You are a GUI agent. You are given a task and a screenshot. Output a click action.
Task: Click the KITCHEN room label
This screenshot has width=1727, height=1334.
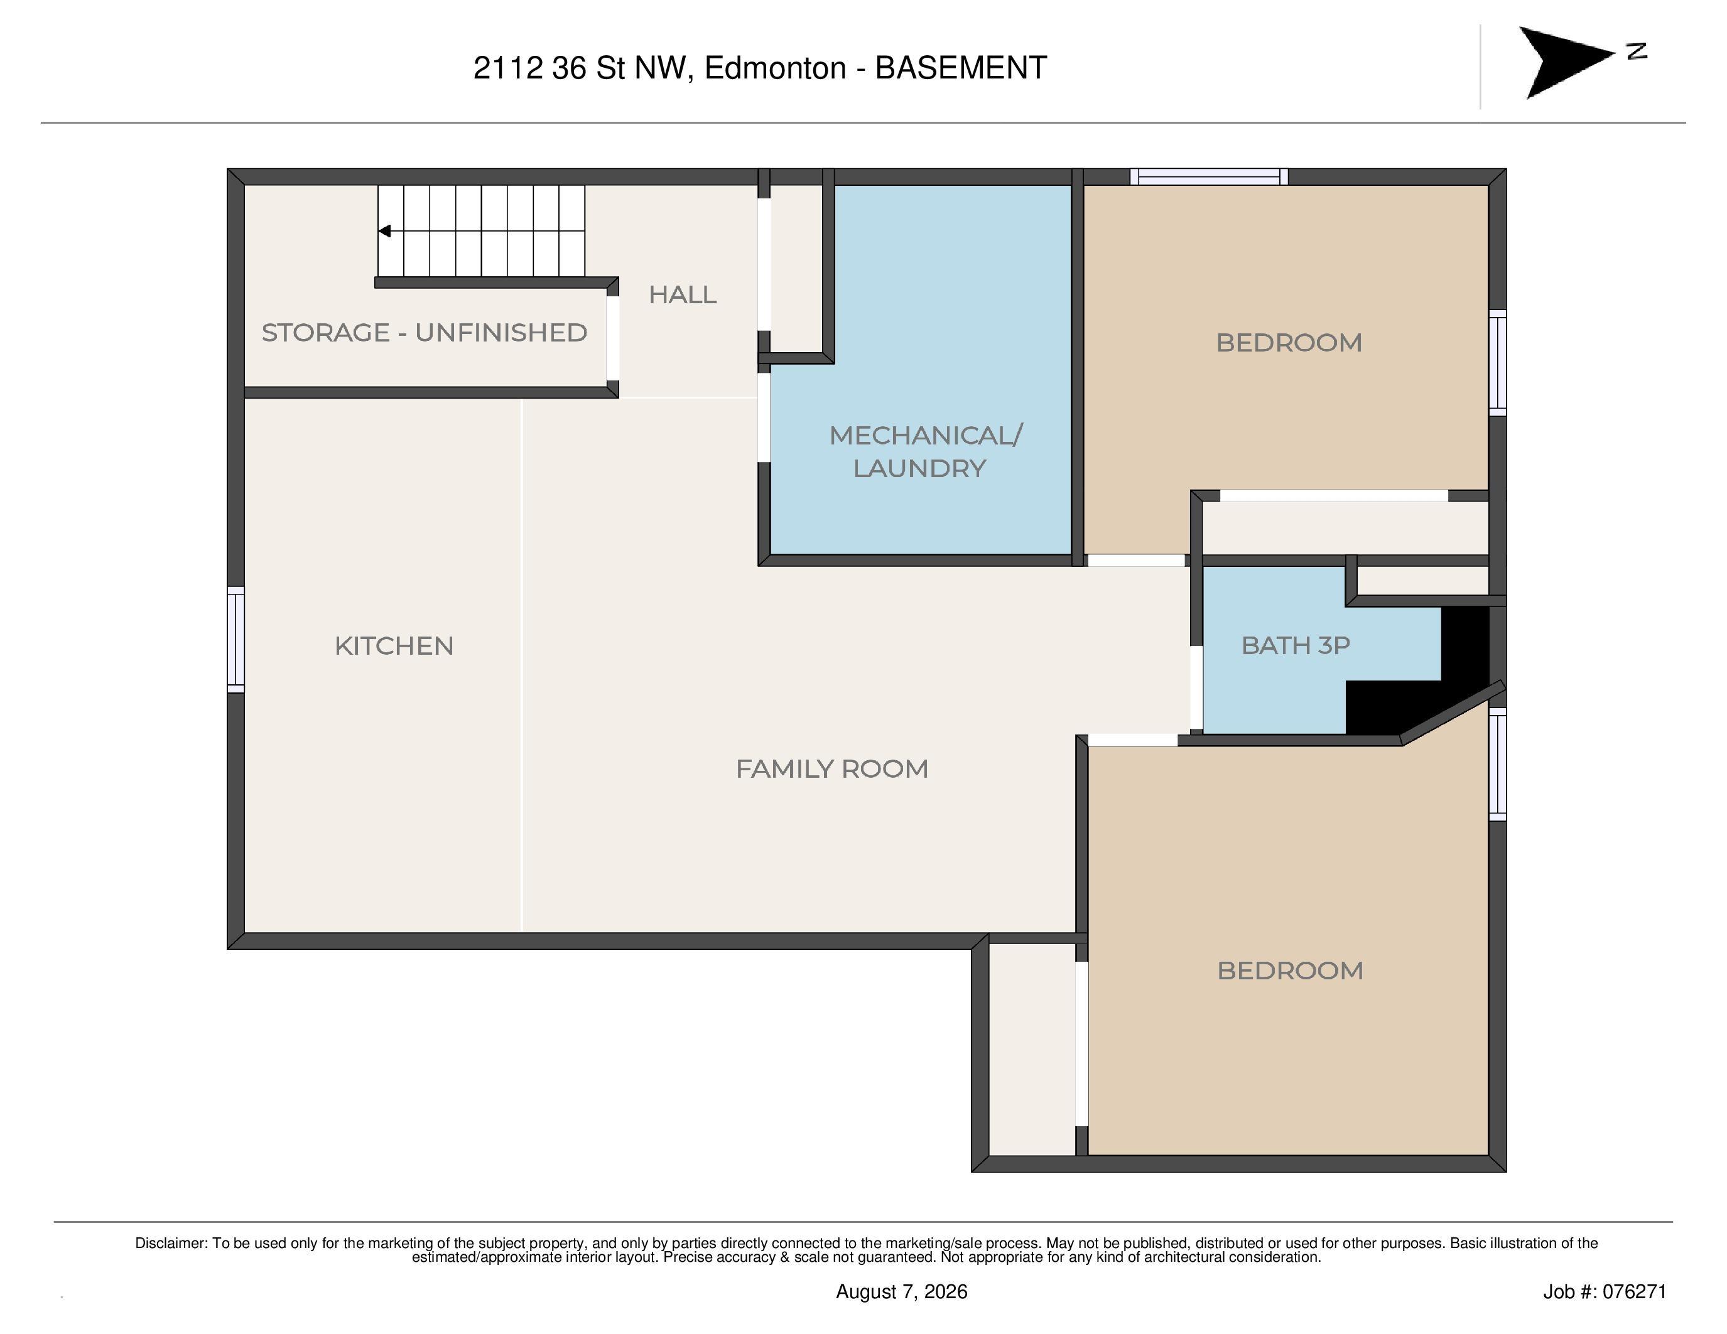394,646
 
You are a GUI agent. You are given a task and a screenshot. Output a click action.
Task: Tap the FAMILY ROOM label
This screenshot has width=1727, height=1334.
832,769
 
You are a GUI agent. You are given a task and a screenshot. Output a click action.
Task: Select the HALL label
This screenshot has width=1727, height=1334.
683,295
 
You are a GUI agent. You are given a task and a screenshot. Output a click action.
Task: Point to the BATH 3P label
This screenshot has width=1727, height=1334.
1295,646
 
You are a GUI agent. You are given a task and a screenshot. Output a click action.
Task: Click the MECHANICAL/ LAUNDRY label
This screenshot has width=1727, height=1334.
925,451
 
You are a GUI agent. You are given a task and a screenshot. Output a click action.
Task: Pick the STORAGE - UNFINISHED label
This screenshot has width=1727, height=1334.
424,333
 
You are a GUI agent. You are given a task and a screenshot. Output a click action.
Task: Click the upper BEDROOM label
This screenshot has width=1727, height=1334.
1289,343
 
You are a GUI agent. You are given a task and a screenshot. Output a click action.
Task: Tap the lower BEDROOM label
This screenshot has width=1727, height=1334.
1290,971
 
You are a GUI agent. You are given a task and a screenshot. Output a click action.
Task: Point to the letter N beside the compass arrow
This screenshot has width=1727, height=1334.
1637,51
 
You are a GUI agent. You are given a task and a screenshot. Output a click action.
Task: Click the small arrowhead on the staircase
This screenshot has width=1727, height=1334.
384,231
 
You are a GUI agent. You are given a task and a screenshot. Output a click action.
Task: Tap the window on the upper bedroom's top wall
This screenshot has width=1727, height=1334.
1209,177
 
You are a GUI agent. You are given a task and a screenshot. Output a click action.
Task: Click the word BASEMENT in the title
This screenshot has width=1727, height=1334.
961,68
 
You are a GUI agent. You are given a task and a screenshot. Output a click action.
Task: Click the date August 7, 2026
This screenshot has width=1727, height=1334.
901,1291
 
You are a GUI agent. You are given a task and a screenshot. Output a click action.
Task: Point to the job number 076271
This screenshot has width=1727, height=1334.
1635,1291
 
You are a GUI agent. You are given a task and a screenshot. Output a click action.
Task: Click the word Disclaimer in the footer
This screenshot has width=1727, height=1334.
171,1243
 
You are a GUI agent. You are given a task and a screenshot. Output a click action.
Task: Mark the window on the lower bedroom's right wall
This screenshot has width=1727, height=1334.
1498,763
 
